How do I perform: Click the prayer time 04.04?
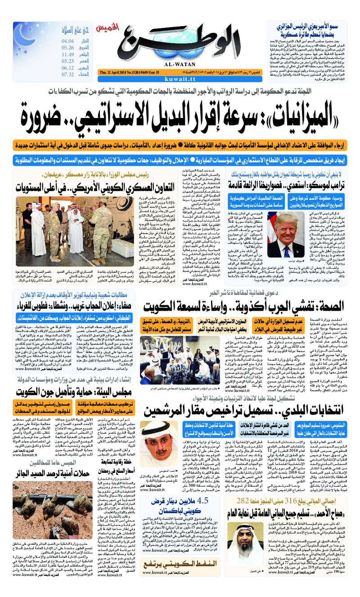pos(68,41)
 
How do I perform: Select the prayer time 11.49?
pos(68,54)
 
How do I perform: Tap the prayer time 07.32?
pos(68,74)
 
